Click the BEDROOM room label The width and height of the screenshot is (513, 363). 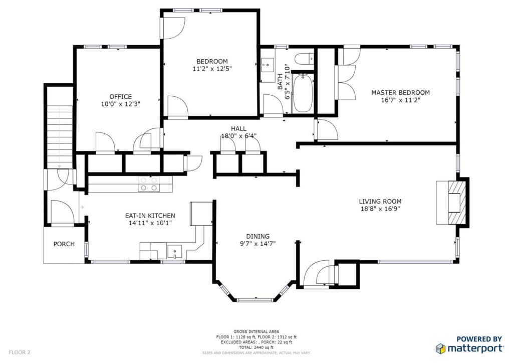click(x=210, y=61)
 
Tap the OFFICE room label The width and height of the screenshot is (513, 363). click(x=121, y=97)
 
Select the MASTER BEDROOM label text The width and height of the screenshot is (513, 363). click(x=400, y=93)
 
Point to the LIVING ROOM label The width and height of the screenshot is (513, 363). click(x=381, y=202)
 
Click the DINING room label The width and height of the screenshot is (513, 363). click(x=258, y=236)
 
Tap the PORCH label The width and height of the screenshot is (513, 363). click(x=64, y=244)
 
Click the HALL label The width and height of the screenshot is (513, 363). click(x=239, y=128)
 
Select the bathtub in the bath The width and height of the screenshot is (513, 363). click(x=302, y=93)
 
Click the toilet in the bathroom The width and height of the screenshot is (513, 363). click(x=304, y=58)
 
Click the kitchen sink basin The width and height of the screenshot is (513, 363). click(x=175, y=250)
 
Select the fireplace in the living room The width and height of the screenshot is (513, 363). click(x=454, y=202)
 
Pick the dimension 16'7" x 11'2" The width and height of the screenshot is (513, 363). click(x=400, y=100)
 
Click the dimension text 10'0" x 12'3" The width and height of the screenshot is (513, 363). click(x=121, y=104)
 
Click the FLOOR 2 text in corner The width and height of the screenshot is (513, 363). click(x=20, y=352)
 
